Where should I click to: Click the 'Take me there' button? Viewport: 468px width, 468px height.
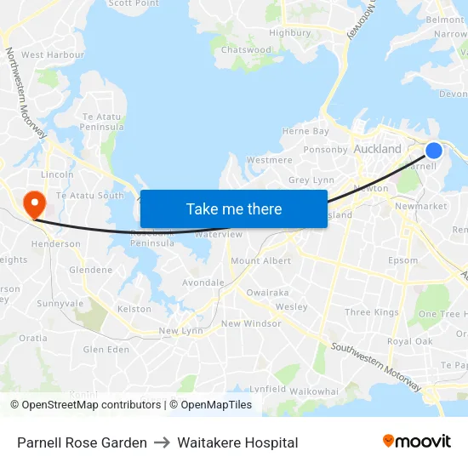pyautogui.click(x=234, y=208)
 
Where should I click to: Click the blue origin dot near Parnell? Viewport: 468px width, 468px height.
pyautogui.click(x=434, y=151)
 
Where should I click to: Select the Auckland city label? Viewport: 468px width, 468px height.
pyautogui.click(x=377, y=149)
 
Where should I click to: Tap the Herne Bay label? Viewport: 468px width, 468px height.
pyautogui.click(x=305, y=131)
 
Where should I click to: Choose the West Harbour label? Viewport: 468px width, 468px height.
pyautogui.click(x=53, y=54)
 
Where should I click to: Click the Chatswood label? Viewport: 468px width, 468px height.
pyautogui.click(x=246, y=50)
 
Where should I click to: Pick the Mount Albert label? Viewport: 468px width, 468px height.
pyautogui.click(x=260, y=260)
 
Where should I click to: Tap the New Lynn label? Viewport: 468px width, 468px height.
pyautogui.click(x=180, y=330)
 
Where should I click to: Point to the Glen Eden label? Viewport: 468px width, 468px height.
pyautogui.click(x=106, y=350)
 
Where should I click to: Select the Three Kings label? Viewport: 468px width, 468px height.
pyautogui.click(x=372, y=312)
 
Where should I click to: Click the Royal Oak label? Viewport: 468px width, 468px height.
pyautogui.click(x=410, y=341)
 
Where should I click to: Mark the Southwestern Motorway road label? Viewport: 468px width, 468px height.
pyautogui.click(x=375, y=368)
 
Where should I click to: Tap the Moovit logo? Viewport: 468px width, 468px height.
pyautogui.click(x=417, y=442)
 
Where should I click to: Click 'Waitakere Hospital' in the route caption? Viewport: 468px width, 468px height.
pyautogui.click(x=237, y=442)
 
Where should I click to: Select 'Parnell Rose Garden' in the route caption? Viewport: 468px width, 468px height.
pyautogui.click(x=82, y=442)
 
